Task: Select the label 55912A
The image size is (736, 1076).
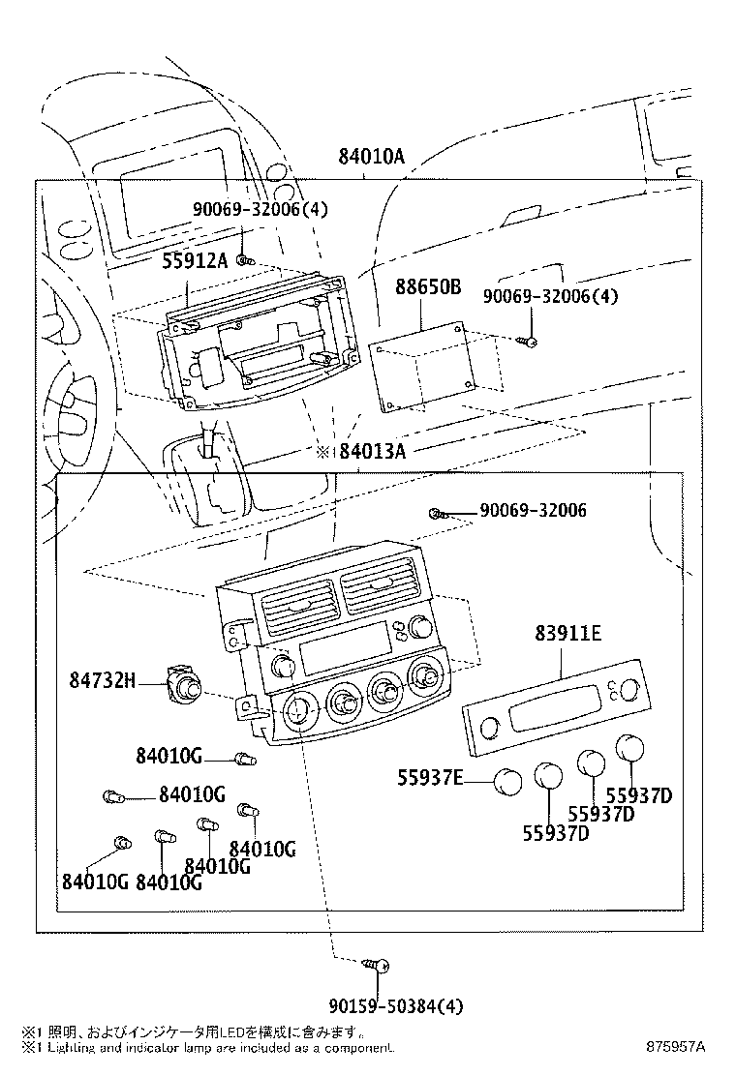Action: coord(195,259)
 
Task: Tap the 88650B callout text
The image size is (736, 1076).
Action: coord(428,287)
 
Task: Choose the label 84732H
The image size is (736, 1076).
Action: coord(101,681)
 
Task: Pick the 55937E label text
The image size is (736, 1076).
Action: coord(430,776)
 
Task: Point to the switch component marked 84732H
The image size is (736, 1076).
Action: coord(183,684)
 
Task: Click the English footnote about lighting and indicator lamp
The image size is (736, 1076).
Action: coord(207,1048)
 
